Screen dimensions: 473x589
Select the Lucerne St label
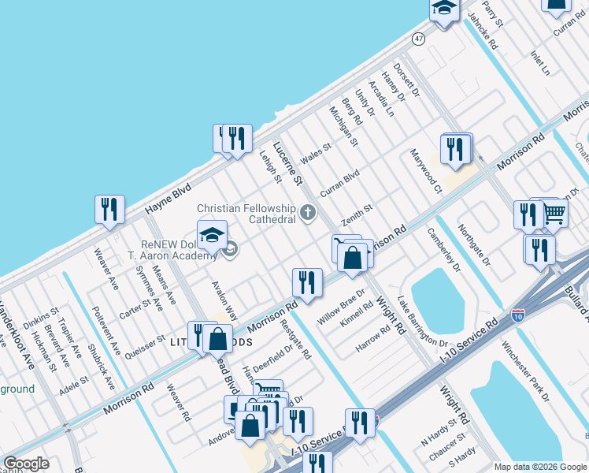click(287, 164)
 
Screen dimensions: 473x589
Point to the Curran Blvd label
click(339, 183)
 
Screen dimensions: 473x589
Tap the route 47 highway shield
click(418, 38)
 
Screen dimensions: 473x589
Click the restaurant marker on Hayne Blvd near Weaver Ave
click(109, 209)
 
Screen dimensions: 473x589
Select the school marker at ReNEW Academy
click(212, 234)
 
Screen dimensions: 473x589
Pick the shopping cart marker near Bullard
click(554, 210)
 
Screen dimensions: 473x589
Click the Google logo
click(27, 464)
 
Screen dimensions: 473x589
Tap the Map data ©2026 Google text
click(540, 467)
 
